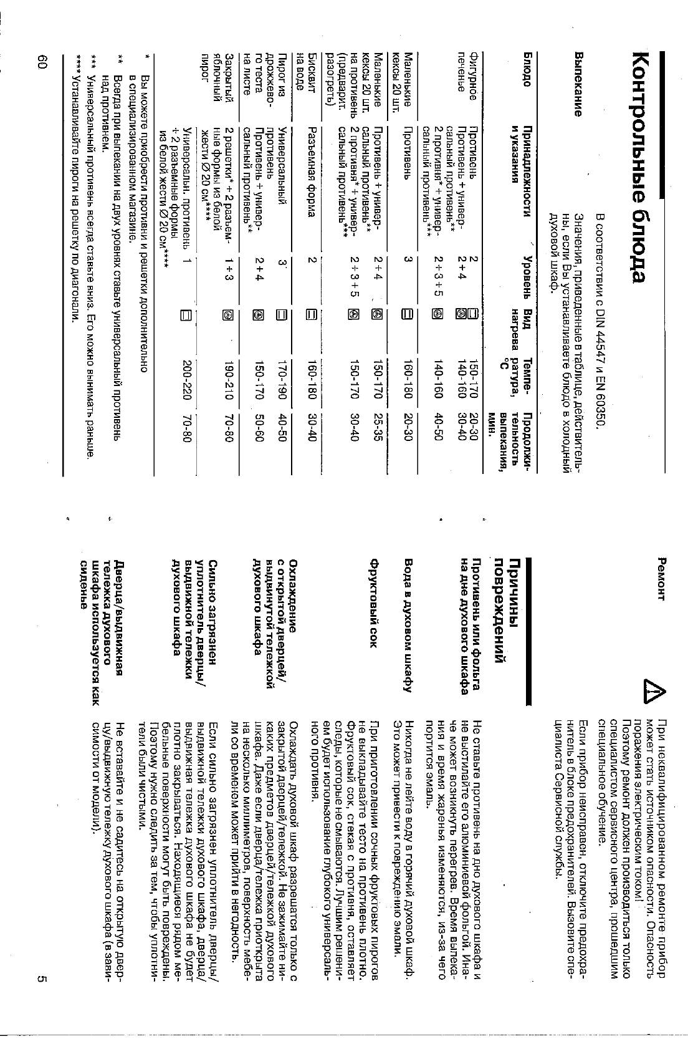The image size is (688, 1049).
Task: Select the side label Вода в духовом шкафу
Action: (x=408, y=623)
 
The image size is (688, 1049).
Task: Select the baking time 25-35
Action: (x=377, y=430)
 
